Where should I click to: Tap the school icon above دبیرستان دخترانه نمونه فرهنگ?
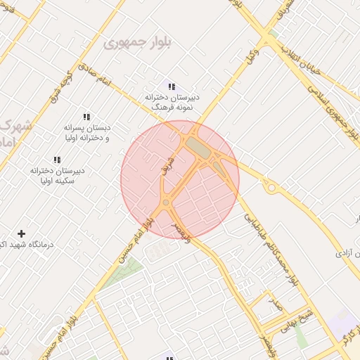coord(172,86)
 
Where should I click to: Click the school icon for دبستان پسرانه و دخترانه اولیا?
coord(86,117)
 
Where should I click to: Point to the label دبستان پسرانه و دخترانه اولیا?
coord(88,133)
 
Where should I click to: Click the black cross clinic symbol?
coord(21,233)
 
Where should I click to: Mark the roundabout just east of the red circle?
coord(270,188)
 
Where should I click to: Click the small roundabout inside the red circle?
coord(166,202)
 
